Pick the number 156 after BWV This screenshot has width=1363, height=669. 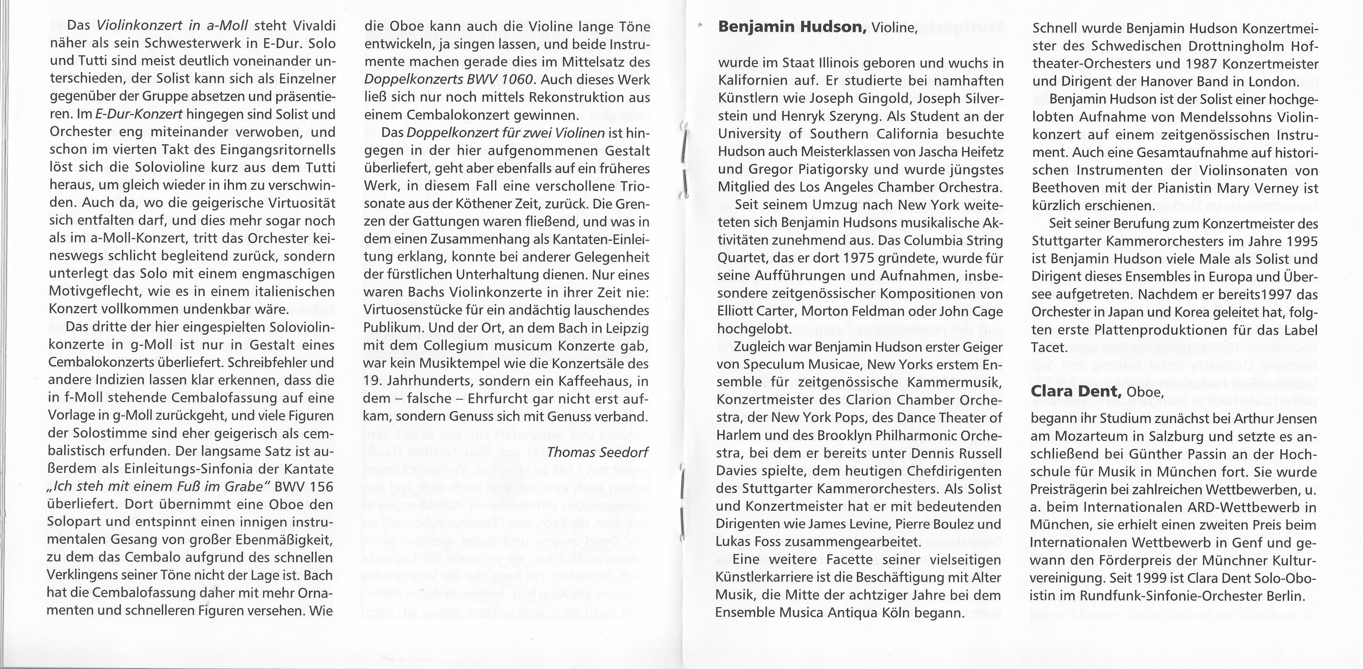pyautogui.click(x=322, y=486)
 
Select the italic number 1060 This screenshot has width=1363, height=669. pyautogui.click(x=508, y=79)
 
